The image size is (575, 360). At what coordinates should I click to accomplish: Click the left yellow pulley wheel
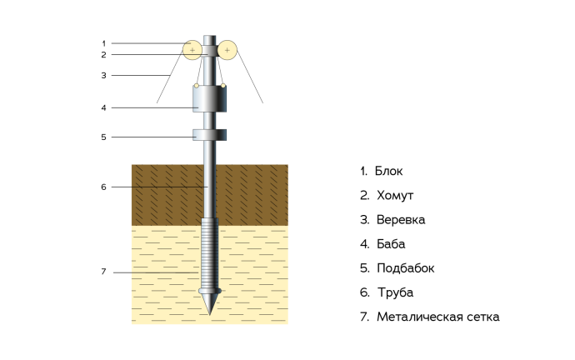pos(192,50)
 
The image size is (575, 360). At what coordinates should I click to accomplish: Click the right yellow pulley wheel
pos(227,50)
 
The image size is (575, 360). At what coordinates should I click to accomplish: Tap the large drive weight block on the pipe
pos(210,98)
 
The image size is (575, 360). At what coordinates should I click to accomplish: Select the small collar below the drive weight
pos(210,134)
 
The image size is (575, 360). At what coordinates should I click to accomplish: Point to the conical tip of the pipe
pos(210,304)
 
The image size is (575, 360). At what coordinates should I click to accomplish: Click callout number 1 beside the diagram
pos(104,43)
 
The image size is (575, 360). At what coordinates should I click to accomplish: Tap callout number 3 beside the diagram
pos(104,76)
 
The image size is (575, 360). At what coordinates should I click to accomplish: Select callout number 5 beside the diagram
pos(104,137)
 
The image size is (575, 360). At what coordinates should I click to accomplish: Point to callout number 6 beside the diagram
pos(104,187)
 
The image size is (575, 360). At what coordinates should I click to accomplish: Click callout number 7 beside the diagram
pos(104,272)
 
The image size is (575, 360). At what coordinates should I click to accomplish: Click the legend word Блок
pos(388,171)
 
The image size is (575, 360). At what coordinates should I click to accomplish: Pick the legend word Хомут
pos(395,195)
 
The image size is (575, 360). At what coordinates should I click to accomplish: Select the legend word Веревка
pos(401,220)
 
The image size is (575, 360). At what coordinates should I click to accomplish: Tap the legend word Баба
pos(391,244)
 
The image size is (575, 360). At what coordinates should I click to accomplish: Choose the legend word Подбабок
pos(406,268)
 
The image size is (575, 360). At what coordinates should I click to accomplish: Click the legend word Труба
pos(396,292)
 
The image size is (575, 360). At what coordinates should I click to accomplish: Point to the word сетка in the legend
pos(483,317)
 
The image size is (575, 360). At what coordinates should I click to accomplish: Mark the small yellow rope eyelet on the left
pos(197,86)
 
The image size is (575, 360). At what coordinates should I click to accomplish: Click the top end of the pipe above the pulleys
pos(210,36)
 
